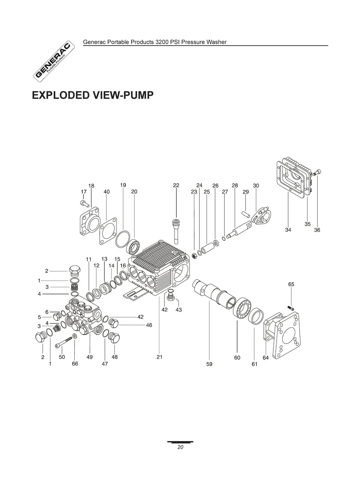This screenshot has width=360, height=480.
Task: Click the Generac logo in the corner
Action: (54, 61)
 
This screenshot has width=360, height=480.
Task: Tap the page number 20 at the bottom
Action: (180, 447)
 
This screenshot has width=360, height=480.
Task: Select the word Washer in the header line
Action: (216, 42)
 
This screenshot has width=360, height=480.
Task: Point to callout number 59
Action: (209, 364)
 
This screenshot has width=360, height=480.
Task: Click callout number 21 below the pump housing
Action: (159, 357)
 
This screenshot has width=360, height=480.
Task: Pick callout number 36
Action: (317, 230)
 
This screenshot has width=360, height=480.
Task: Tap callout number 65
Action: (291, 284)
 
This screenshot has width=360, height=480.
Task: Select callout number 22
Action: (176, 185)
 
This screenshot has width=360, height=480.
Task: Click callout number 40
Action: (106, 192)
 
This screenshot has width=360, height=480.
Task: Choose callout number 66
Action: (75, 364)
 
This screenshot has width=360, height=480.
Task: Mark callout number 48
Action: (114, 357)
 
